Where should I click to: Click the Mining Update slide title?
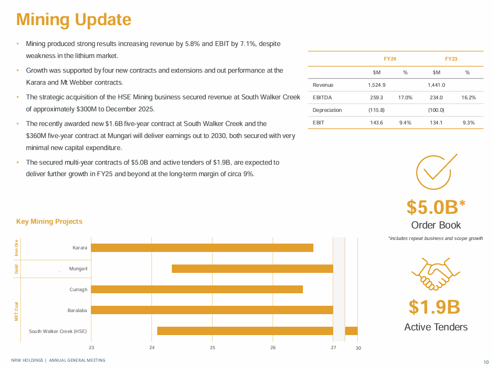[74, 19]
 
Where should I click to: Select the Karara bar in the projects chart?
[202, 248]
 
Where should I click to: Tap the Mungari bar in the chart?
[252, 269]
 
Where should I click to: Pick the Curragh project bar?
[197, 290]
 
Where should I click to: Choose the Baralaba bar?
[212, 310]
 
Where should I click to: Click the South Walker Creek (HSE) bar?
[257, 331]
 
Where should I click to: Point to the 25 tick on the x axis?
[213, 348]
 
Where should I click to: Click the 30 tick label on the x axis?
[358, 348]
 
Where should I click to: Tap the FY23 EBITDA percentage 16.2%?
[468, 97]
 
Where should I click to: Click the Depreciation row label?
[327, 110]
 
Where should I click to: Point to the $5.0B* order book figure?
[436, 207]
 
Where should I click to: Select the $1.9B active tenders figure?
[434, 307]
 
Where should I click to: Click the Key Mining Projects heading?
[49, 222]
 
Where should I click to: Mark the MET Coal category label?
[17, 310]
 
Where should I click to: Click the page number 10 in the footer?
[486, 362]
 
